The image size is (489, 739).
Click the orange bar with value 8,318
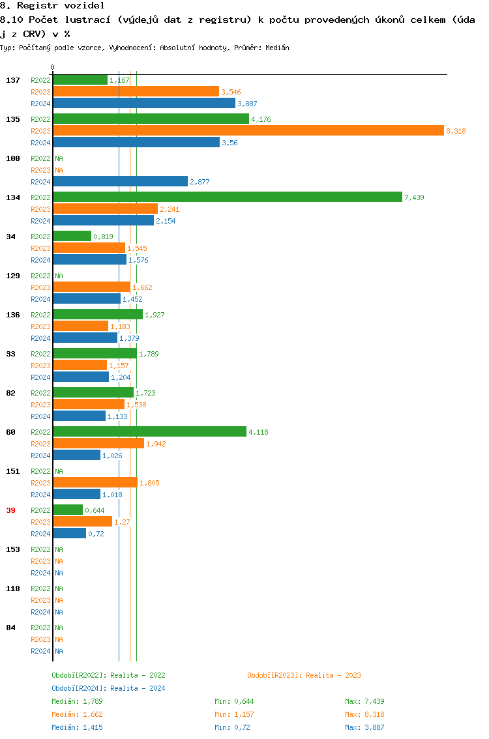(248, 131)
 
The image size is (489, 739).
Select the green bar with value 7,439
(227, 197)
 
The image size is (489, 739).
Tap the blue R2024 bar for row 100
(120, 182)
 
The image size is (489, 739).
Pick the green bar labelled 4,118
(149, 432)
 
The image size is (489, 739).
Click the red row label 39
(10, 510)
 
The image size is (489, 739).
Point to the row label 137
(12, 80)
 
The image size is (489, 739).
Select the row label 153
(12, 549)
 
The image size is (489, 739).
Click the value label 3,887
(247, 104)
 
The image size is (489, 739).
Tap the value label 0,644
(95, 510)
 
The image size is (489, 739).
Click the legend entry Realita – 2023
(304, 675)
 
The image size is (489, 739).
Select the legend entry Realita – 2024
(108, 688)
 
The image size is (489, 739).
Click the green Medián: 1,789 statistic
(77, 701)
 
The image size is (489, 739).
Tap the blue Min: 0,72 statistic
(232, 727)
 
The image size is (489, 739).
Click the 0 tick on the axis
(53, 67)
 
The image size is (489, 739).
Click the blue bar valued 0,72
(69, 534)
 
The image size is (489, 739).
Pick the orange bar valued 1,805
(95, 483)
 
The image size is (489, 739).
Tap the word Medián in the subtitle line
(277, 48)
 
